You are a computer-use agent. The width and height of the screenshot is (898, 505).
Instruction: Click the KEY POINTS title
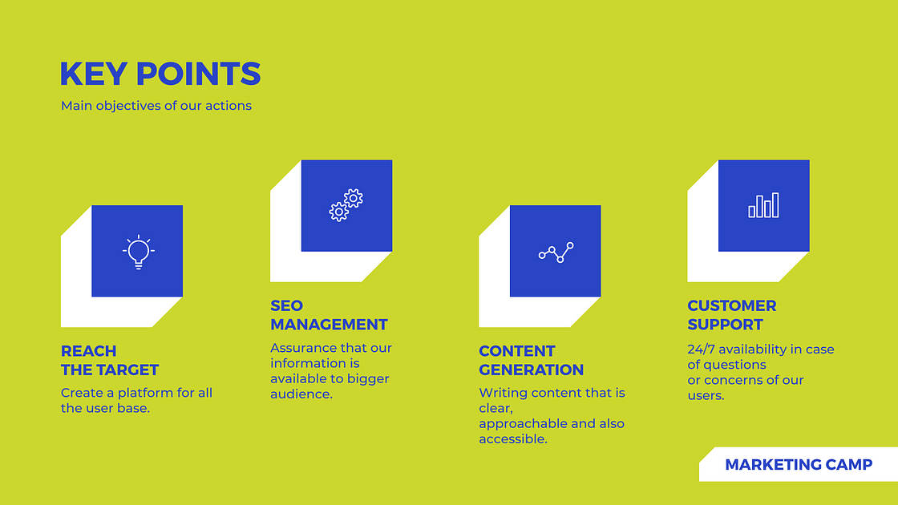point(160,74)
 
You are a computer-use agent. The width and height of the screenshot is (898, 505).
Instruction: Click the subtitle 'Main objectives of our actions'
point(156,106)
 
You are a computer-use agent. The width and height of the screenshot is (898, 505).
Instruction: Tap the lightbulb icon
point(138,251)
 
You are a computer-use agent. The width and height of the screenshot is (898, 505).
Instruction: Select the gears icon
point(346,205)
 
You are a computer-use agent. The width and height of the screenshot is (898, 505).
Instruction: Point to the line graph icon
point(556,252)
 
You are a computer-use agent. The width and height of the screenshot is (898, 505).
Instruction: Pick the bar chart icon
point(763,205)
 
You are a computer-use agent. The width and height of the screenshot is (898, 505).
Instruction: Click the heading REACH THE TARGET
point(110,361)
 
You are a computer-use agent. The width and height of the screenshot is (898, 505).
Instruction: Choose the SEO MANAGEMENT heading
point(329,315)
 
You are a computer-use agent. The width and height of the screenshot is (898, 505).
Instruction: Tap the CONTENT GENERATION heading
point(531,361)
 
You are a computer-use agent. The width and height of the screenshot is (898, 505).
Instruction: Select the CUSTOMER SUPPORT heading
point(731,315)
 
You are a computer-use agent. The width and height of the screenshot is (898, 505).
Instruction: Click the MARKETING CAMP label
point(799,465)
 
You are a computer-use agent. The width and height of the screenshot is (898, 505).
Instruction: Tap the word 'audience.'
point(301,394)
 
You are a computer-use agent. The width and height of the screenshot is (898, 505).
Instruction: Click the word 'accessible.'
point(513,438)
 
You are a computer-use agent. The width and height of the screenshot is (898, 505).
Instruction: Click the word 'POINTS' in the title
point(198,74)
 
